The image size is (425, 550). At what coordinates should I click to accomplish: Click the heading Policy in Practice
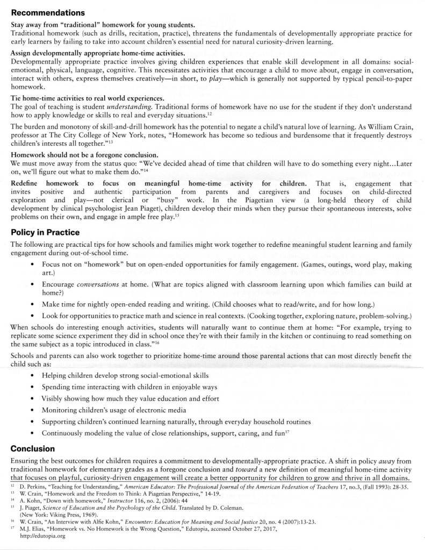pos(45,232)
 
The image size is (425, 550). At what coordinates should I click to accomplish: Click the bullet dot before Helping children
pos(34,374)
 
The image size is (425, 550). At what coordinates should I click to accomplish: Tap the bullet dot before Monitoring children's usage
pos(34,410)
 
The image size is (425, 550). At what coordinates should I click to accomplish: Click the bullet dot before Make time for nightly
pos(34,303)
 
